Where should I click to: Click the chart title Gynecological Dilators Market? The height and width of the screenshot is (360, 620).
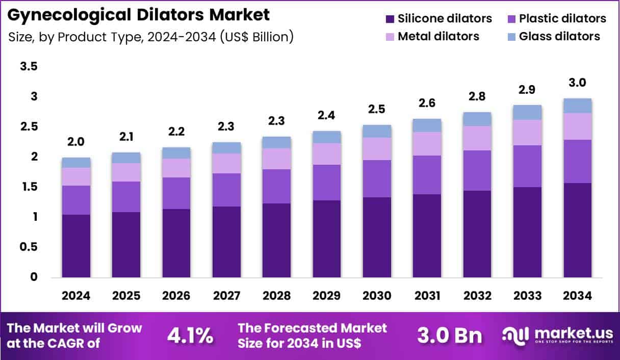click(139, 15)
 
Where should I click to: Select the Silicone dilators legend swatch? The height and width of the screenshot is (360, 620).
click(390, 19)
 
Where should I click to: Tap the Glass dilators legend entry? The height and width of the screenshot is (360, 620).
click(559, 36)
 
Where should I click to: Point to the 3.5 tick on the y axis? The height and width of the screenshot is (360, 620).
click(30, 67)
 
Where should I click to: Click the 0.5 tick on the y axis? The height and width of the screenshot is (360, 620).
click(30, 247)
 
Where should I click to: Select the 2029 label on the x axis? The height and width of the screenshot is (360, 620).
click(327, 296)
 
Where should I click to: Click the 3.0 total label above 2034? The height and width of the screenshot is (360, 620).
click(578, 83)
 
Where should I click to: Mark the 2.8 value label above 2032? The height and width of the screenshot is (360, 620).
click(477, 96)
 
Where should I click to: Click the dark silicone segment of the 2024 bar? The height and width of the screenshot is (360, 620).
click(76, 246)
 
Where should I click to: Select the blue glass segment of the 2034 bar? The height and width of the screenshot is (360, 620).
click(578, 106)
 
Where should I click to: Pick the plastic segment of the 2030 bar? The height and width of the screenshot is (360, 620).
click(377, 178)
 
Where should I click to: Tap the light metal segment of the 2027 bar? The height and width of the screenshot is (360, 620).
click(226, 163)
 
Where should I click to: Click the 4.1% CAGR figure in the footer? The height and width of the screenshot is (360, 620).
click(190, 335)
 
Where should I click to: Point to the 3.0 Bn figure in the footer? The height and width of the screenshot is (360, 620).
click(449, 335)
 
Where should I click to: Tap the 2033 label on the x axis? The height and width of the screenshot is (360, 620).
click(527, 296)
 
